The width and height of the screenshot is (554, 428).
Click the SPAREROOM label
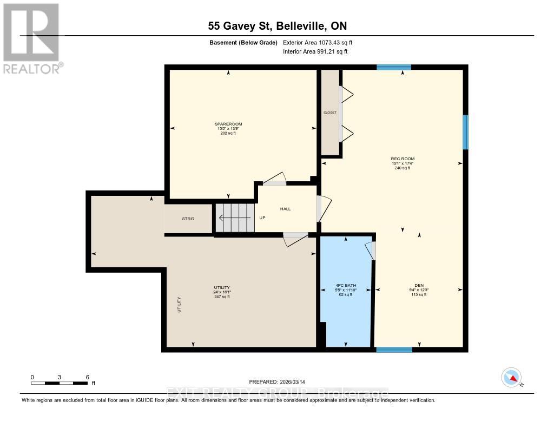[228, 124]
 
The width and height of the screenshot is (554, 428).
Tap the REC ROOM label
[403, 159]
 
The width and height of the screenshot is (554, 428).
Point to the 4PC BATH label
[345, 286]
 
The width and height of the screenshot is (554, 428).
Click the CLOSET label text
[330, 113]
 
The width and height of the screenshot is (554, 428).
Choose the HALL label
[286, 209]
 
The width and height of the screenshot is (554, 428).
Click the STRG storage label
[188, 219]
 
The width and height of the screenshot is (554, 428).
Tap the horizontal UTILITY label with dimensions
[222, 287]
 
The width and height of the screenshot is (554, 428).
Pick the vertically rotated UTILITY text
[179, 305]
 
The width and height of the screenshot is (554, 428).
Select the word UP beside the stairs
[263, 219]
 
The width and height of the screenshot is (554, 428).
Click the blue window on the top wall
[393, 67]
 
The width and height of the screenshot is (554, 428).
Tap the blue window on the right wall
[465, 132]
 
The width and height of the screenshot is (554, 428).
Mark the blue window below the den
[394, 350]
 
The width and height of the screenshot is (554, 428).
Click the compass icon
[511, 377]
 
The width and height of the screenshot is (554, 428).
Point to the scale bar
[60, 383]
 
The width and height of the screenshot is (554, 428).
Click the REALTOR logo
[32, 38]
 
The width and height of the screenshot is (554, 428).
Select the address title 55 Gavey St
[277, 25]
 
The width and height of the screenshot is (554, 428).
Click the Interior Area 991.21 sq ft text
[315, 51]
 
